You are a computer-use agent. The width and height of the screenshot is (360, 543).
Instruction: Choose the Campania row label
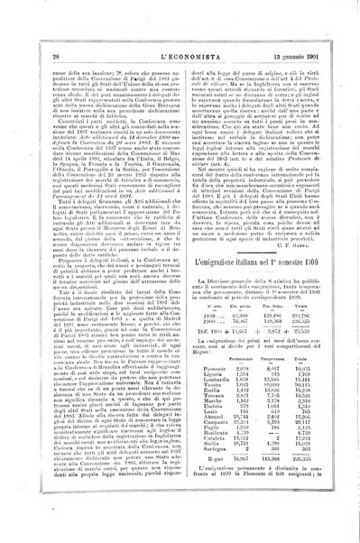pos(207,423)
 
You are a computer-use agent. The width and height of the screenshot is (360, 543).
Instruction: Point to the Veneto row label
pos(204,384)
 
